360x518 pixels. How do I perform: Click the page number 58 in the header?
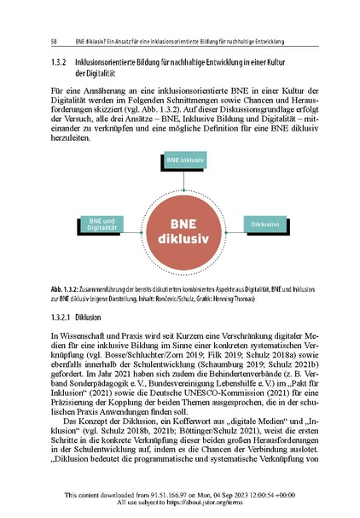click(55, 40)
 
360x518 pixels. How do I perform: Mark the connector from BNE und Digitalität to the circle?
click(131, 224)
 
